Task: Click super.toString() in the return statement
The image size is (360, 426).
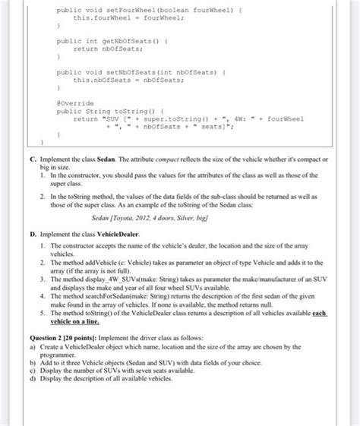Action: (163, 118)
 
